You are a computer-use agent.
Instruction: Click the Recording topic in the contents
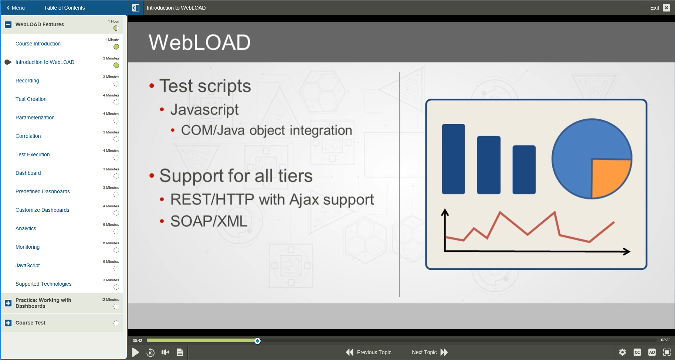27,81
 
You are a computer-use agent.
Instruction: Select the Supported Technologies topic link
44,284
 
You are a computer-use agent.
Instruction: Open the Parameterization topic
35,118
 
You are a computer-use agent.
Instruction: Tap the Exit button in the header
660,8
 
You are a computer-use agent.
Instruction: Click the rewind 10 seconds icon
150,352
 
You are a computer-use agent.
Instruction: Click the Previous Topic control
369,352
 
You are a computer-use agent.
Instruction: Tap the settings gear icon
623,352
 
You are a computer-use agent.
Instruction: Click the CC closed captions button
637,352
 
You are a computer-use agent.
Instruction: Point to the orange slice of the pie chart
609,177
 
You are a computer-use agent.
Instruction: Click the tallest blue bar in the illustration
453,159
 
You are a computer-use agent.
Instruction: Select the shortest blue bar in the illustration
524,170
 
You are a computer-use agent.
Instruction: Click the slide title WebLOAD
200,42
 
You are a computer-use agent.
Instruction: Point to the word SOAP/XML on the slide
209,221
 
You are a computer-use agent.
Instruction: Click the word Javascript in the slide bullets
204,109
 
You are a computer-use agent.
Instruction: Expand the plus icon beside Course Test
8,323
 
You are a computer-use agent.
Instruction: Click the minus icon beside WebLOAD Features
8,25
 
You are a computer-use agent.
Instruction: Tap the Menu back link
16,8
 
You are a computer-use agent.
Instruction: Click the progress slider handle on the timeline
258,341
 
